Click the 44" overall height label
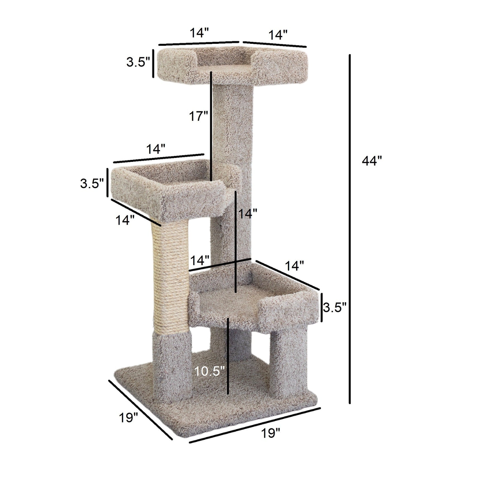371,161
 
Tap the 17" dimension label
198,116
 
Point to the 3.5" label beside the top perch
138,62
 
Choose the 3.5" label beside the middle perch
92,184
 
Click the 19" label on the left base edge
128,417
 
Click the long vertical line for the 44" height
350,229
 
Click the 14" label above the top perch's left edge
199,33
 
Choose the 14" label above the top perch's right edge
278,35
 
